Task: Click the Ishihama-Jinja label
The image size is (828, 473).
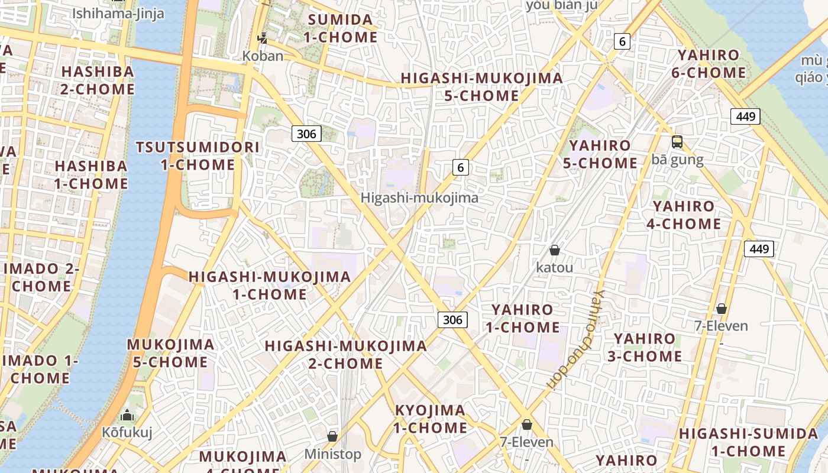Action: click(118, 13)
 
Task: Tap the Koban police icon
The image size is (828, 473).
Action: click(263, 39)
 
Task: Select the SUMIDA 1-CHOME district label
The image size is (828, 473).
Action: click(341, 28)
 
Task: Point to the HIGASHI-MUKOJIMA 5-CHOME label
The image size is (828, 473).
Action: click(481, 87)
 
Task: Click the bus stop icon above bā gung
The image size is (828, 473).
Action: click(677, 142)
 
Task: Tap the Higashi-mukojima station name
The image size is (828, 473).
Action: click(419, 198)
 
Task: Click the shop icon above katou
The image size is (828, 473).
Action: click(555, 251)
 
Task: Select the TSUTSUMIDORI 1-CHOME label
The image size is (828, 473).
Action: click(198, 156)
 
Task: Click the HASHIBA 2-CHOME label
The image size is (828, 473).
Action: click(98, 80)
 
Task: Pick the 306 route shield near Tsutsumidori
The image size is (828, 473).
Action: click(306, 134)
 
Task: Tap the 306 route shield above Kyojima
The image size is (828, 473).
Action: click(452, 320)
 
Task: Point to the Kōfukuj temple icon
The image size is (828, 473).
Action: click(127, 415)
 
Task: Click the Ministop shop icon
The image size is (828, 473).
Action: click(332, 436)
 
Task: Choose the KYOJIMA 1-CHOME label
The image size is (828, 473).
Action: click(431, 419)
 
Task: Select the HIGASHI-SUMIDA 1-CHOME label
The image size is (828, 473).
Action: click(748, 442)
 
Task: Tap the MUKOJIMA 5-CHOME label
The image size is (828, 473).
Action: click(170, 353)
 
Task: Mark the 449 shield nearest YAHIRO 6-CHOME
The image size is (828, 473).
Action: click(745, 116)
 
